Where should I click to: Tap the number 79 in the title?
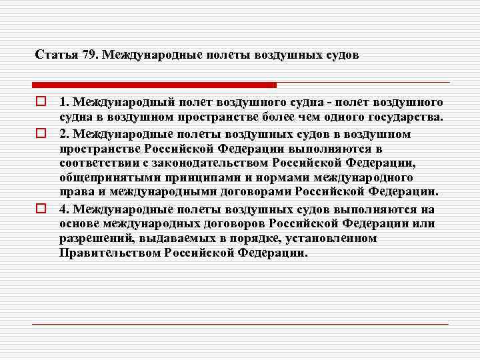(89, 55)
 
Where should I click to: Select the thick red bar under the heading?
(154, 85)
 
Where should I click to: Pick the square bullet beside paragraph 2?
(41, 133)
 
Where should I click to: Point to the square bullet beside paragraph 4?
(41, 208)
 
